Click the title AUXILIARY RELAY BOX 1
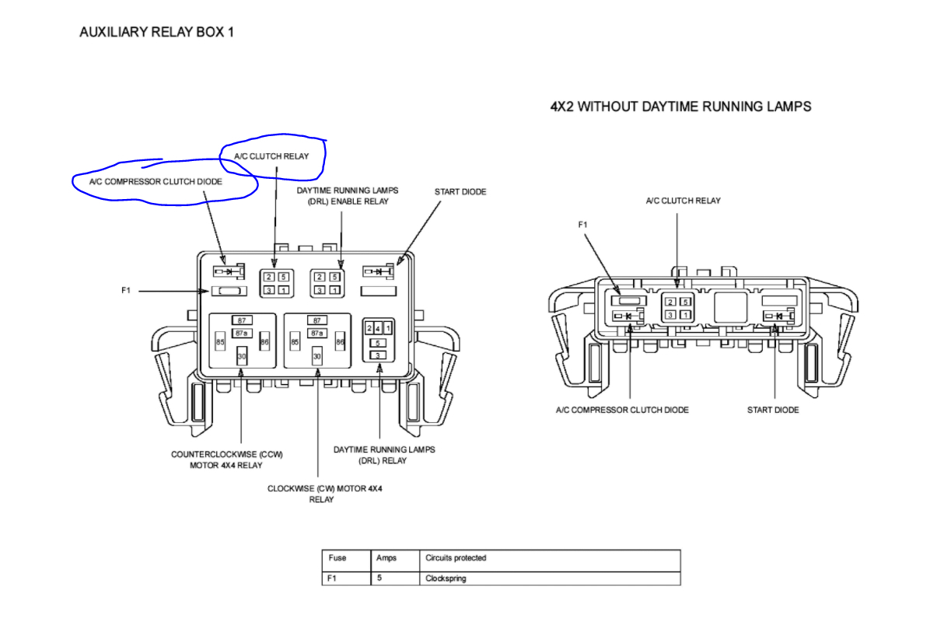(156, 33)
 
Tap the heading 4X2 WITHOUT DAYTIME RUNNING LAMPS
(680, 107)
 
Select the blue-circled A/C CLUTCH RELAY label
(271, 156)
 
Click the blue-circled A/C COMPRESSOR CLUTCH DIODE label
(156, 182)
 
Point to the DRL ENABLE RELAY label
(342, 196)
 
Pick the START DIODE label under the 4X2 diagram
(773, 410)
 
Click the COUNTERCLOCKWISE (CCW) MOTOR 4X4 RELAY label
(226, 460)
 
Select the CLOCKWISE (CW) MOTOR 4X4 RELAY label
(325, 494)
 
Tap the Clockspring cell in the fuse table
(446, 579)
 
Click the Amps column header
(386, 558)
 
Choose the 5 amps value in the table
(379, 579)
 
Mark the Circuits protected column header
(456, 558)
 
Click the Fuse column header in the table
(337, 558)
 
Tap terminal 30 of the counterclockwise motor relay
(242, 355)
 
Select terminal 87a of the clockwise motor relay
(316, 333)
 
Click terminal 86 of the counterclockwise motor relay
(264, 341)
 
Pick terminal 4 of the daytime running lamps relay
(379, 328)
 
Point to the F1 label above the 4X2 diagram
(583, 225)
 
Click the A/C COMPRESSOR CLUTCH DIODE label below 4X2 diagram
(622, 410)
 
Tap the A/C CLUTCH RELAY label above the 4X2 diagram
(683, 201)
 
